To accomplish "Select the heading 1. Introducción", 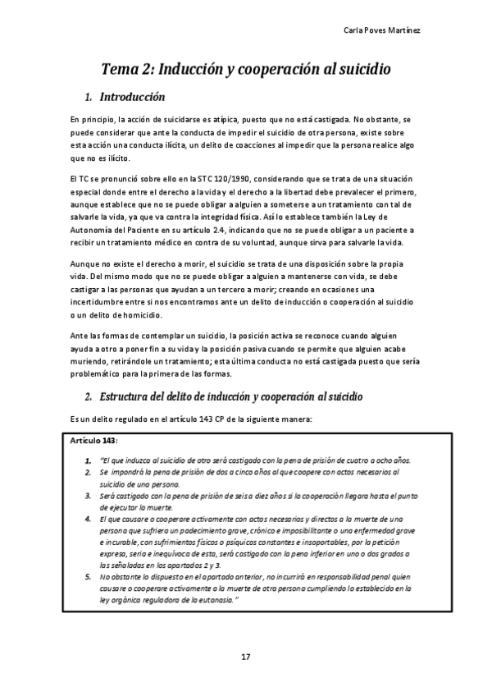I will pyautogui.click(x=130, y=97).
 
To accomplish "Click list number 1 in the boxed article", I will pyautogui.click(x=87, y=460).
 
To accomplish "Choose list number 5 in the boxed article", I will pyautogui.click(x=87, y=576).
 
